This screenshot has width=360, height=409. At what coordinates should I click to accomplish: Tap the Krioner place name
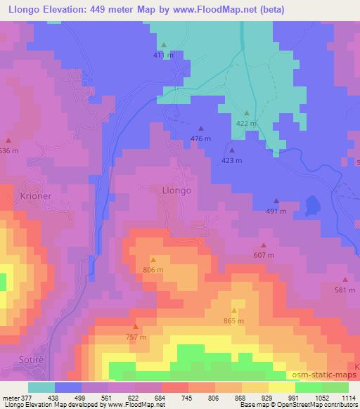point(36,196)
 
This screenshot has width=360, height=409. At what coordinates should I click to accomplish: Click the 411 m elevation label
point(163,54)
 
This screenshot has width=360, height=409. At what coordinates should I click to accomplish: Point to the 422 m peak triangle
point(247,112)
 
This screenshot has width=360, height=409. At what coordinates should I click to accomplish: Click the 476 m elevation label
point(201,138)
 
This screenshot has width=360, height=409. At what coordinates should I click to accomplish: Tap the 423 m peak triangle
point(231,150)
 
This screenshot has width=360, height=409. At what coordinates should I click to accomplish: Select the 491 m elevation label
point(276,211)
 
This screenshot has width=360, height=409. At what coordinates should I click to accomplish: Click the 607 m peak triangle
point(264,245)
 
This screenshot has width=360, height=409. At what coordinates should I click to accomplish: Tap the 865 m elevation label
point(234,321)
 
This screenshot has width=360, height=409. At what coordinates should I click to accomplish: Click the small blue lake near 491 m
point(311,205)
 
